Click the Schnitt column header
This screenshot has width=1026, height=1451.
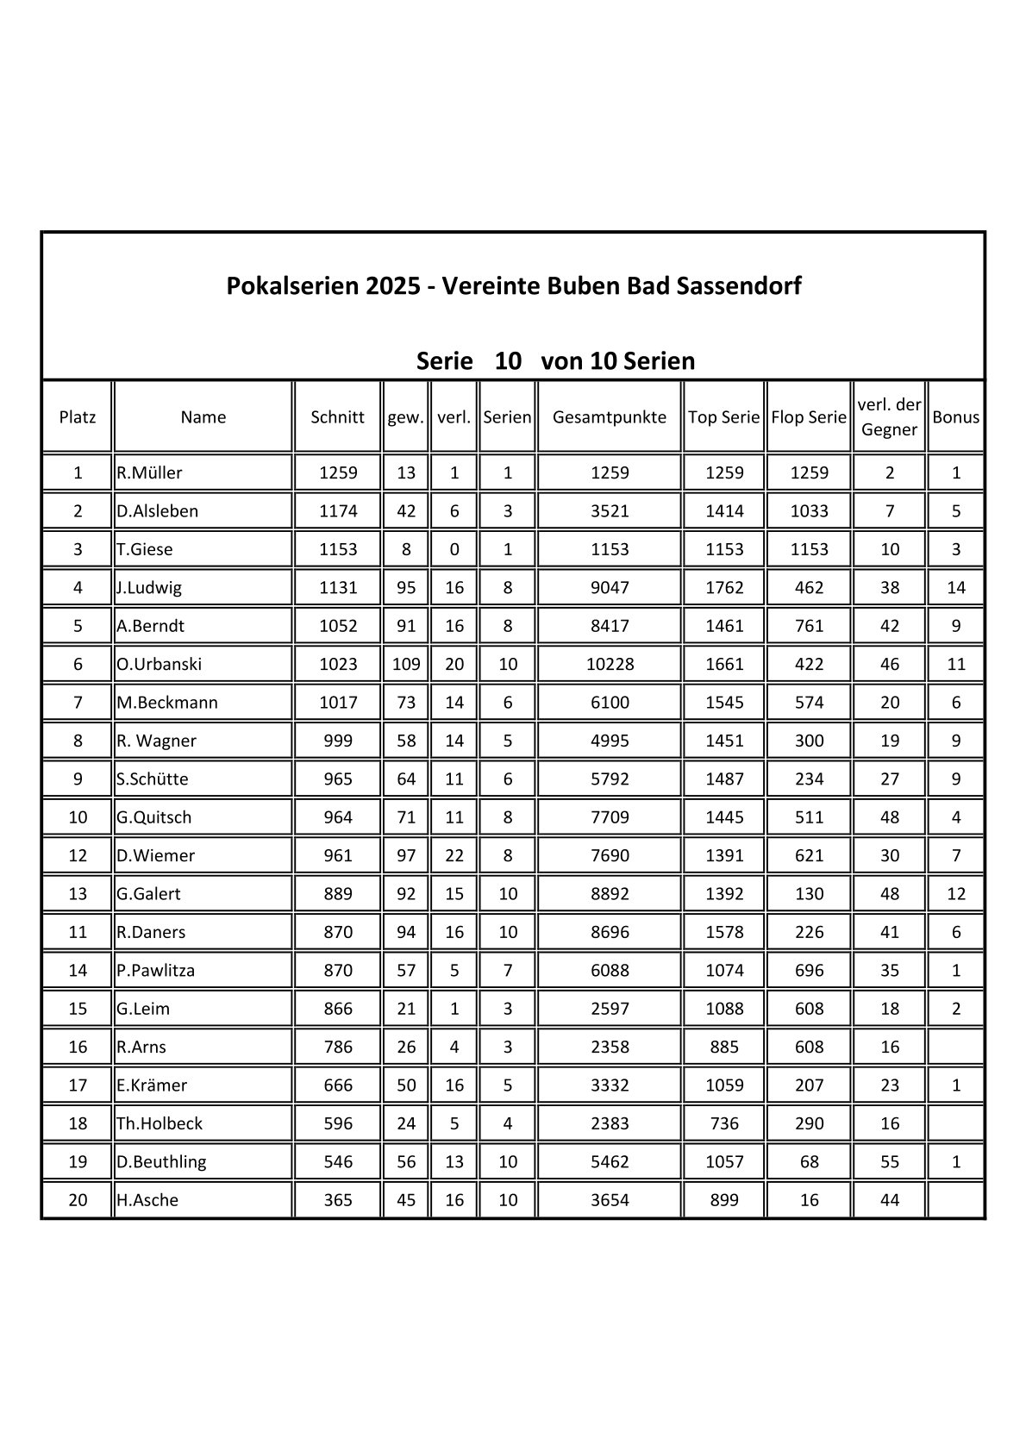tap(337, 417)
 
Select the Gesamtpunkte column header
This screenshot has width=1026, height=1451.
tap(609, 417)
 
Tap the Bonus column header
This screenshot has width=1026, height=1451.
tap(955, 417)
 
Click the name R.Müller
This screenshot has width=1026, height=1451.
tap(149, 472)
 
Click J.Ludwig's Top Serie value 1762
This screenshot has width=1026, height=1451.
tap(723, 587)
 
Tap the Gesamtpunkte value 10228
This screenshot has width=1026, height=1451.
tap(609, 664)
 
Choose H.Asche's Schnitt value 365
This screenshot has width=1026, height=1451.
tap(337, 1199)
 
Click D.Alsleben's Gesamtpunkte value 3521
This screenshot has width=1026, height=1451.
tap(609, 510)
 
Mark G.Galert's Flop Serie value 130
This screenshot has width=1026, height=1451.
tap(809, 893)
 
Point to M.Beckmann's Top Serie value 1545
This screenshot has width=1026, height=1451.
tap(723, 702)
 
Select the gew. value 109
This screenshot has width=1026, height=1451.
tap(405, 664)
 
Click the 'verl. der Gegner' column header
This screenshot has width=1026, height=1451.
tap(889, 417)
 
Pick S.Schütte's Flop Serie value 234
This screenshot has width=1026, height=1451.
tap(809, 779)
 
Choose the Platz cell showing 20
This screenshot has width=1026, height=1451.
tap(78, 1199)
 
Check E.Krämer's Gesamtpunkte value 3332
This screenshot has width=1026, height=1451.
tap(609, 1085)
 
